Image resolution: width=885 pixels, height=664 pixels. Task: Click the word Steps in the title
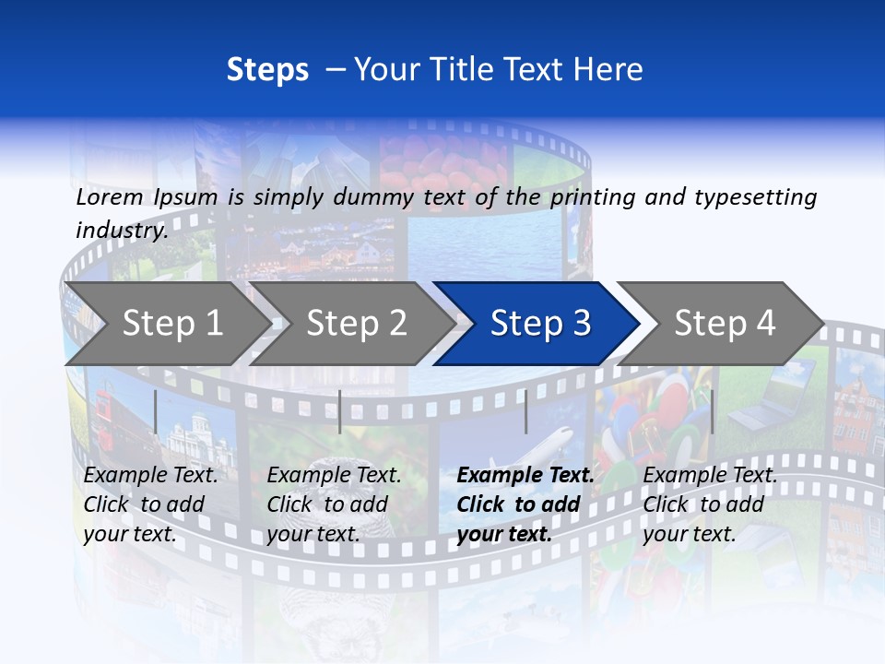[x=267, y=70]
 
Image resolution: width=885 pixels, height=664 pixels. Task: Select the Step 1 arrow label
[x=172, y=323]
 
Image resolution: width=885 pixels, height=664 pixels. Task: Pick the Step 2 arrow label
[x=357, y=323]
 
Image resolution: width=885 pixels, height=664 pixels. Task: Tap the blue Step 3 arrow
[x=540, y=323]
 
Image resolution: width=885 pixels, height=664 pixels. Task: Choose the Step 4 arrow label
[x=725, y=323]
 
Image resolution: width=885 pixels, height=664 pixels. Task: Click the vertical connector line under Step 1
[x=156, y=411]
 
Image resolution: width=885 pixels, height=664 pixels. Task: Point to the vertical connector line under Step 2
[x=340, y=411]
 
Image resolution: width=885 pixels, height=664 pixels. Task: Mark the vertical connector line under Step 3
[x=525, y=411]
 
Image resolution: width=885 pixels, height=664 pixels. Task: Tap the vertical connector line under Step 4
[x=712, y=411]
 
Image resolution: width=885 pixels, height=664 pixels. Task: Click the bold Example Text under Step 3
[x=525, y=476]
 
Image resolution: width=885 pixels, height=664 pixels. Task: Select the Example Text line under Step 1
[x=150, y=476]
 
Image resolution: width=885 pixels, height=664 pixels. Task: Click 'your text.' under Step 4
[x=690, y=534]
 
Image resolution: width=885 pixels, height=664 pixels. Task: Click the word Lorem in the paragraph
[x=110, y=197]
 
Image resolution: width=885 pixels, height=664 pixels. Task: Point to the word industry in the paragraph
[x=122, y=230]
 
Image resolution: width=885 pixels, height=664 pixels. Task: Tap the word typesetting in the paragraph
[x=755, y=197]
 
